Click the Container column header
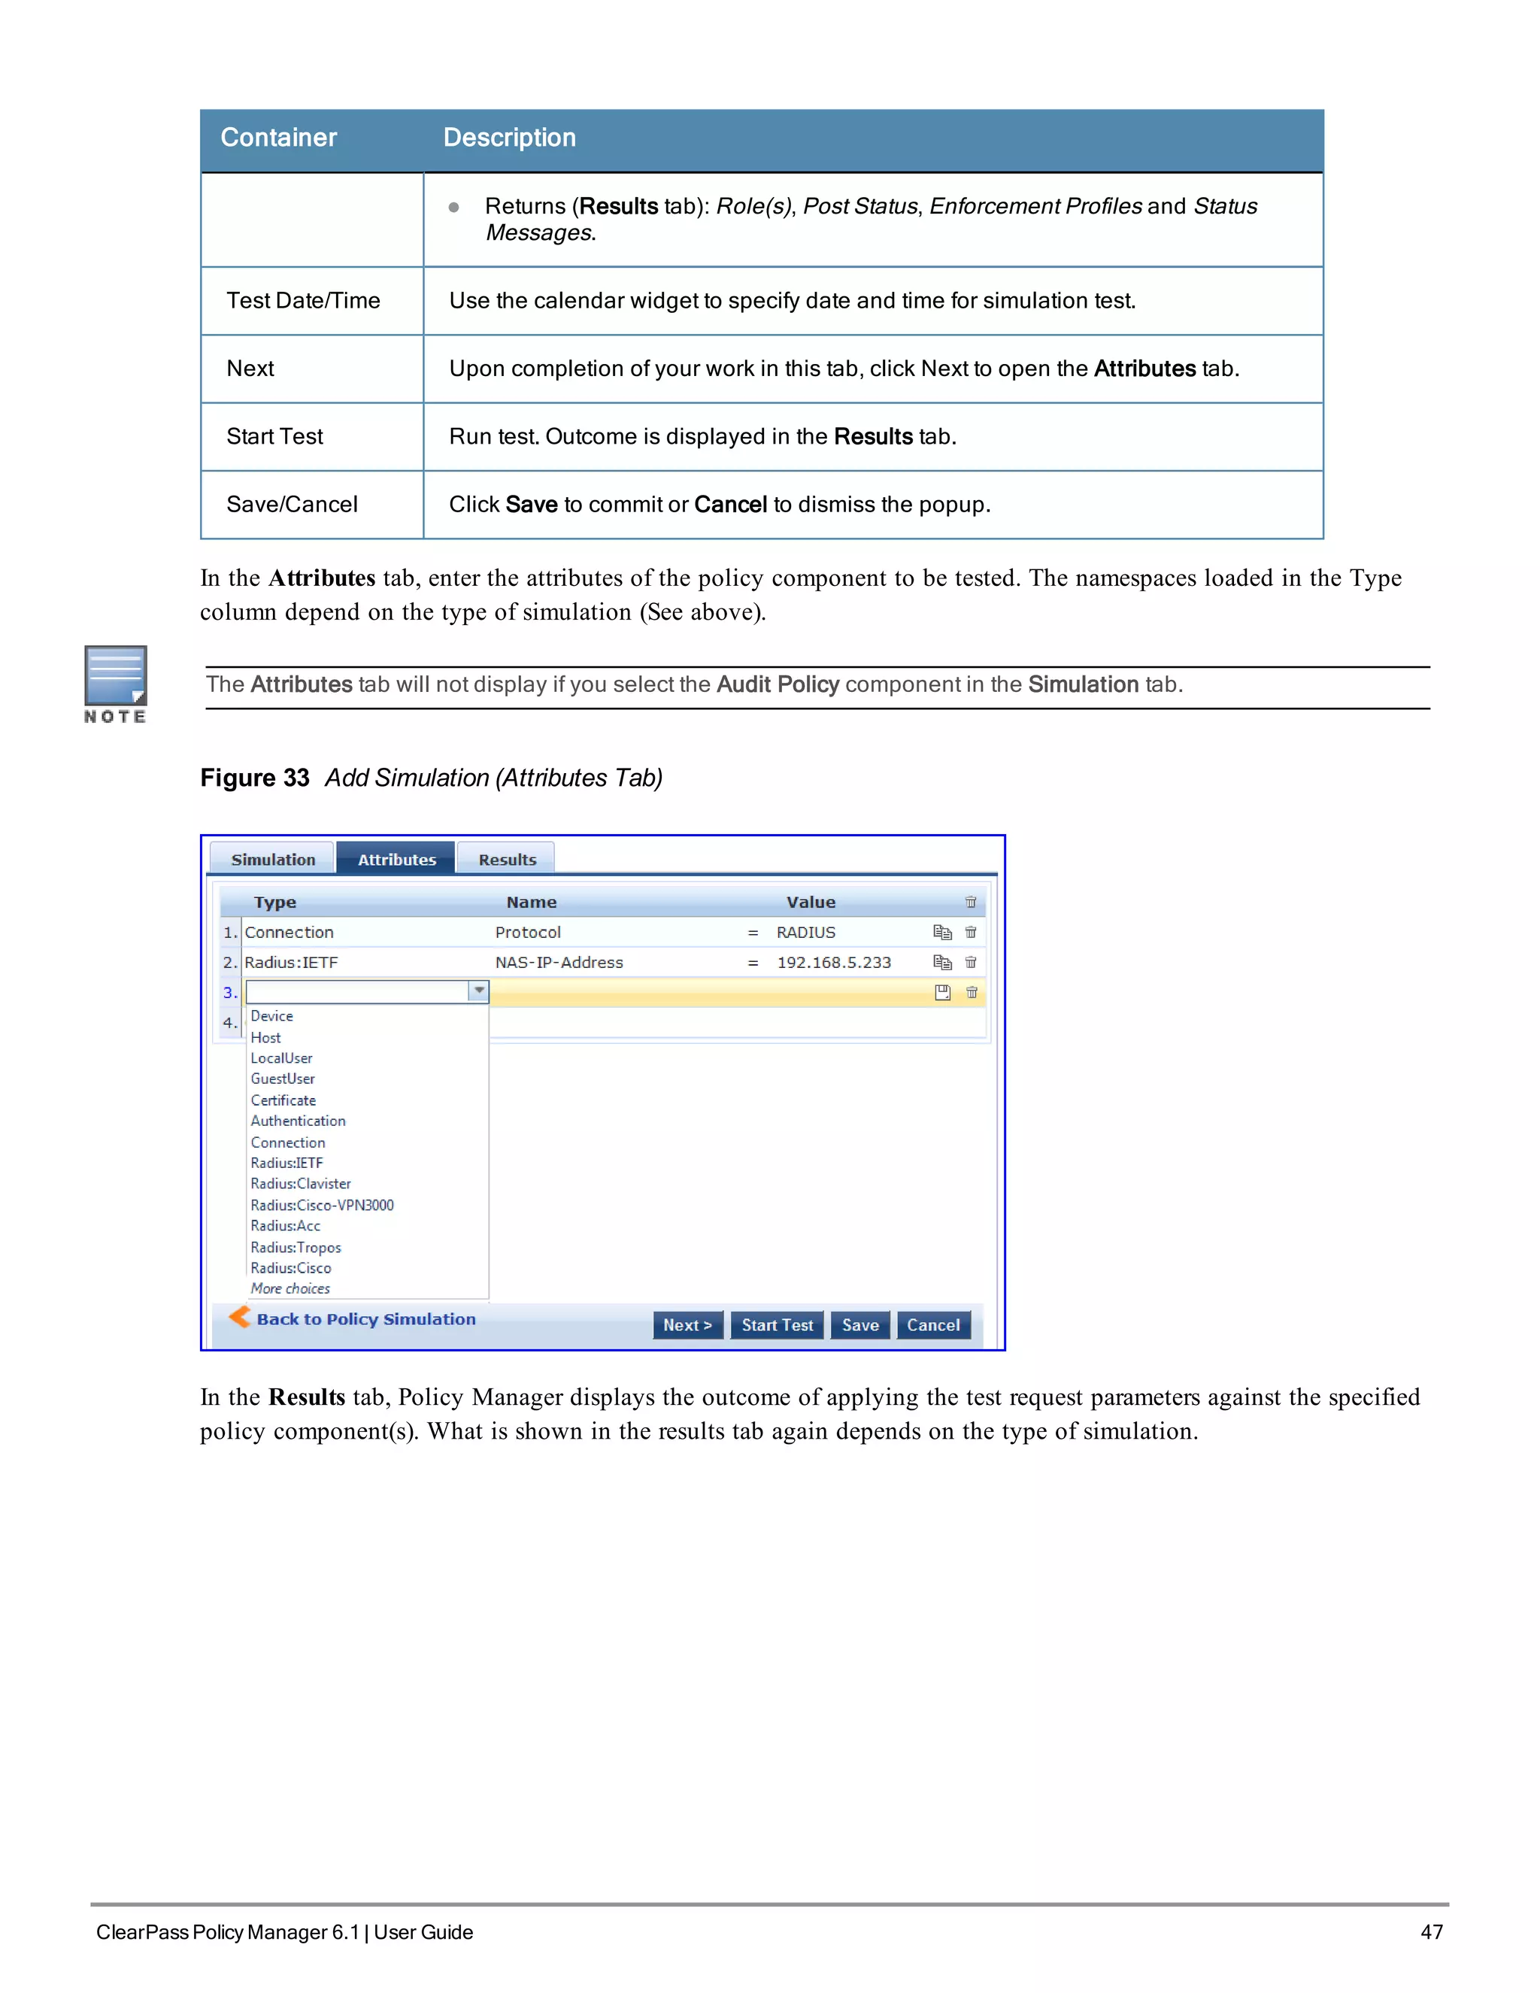278,138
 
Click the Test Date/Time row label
303,301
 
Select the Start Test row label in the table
274,437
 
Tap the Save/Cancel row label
292,505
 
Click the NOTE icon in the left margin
115,684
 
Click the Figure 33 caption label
255,778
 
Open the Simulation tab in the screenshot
273,860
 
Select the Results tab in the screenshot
508,860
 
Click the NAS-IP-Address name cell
559,963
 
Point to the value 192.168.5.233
833,963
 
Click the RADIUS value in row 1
805,933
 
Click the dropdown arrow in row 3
478,991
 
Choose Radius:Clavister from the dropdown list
300,1184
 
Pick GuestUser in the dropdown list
282,1078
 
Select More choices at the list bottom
290,1288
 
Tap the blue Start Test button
776,1325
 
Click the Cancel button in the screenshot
932,1325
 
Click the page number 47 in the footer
1430,1932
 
